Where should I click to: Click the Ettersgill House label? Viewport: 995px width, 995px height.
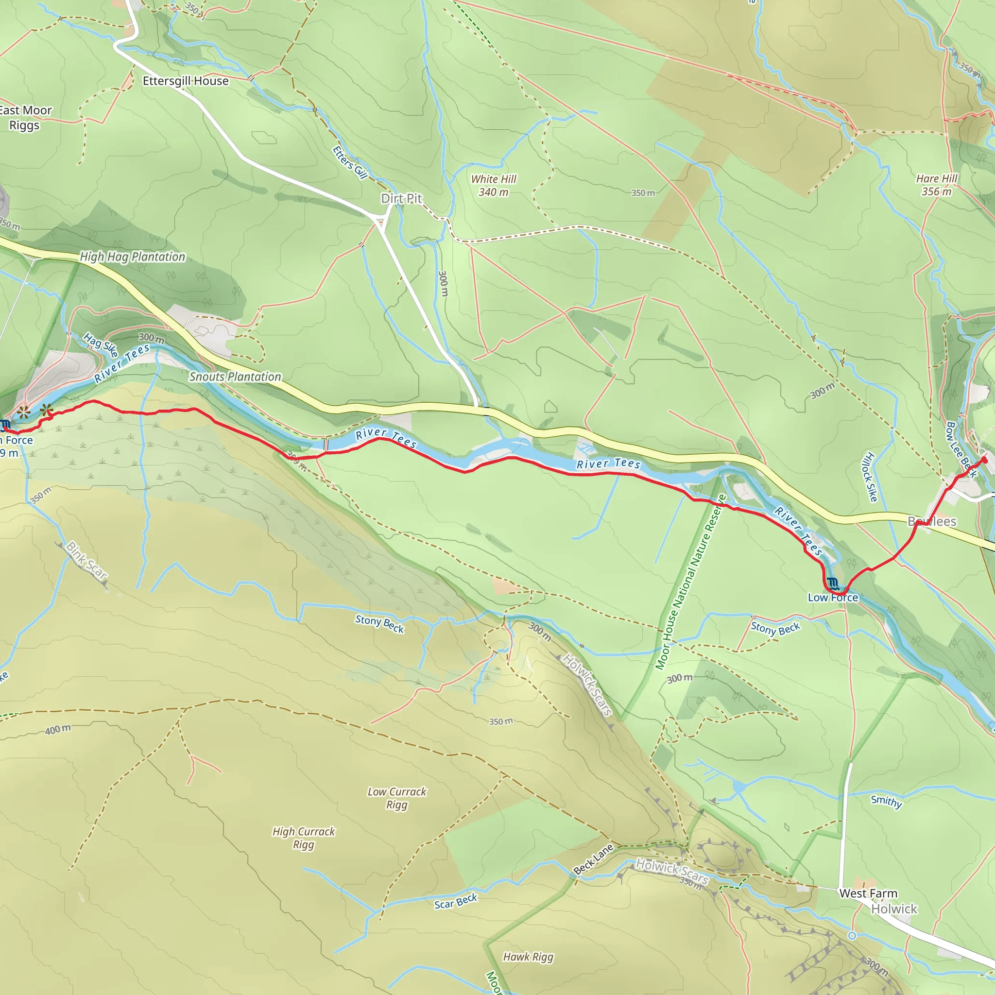[186, 81]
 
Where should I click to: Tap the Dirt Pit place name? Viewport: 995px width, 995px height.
[401, 198]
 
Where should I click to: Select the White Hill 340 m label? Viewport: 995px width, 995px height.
[494, 186]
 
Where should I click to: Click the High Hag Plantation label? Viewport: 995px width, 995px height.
[132, 257]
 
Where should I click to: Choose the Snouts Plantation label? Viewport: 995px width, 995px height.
[235, 377]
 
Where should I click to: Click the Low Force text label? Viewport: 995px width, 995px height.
[833, 598]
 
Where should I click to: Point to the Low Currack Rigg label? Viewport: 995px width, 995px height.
[396, 798]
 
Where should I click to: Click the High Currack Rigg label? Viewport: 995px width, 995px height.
[303, 838]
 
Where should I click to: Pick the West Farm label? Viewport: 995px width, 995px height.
[868, 893]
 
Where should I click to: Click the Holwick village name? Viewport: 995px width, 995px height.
[894, 909]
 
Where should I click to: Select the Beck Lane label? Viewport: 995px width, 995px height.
[593, 859]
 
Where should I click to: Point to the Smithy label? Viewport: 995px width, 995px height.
[886, 801]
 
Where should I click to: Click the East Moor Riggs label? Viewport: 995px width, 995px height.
[25, 118]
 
